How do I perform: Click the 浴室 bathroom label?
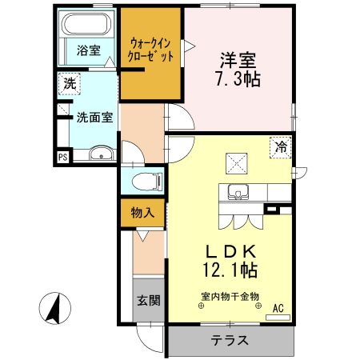88,50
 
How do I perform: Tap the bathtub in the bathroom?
88,27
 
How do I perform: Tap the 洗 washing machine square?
70,82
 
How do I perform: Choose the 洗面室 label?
94,117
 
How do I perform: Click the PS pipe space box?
62,157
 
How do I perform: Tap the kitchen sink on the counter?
237,192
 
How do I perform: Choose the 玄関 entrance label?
146,301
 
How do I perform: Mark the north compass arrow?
55,309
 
